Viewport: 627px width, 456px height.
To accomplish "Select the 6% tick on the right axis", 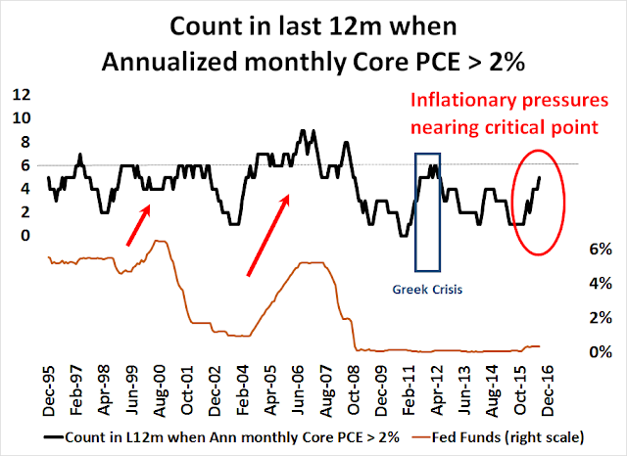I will pos(603,250).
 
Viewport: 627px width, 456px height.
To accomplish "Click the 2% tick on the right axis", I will pos(603,317).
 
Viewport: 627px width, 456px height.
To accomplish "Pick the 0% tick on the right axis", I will pos(603,351).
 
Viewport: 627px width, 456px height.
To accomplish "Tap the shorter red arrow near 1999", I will pos(136,224).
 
